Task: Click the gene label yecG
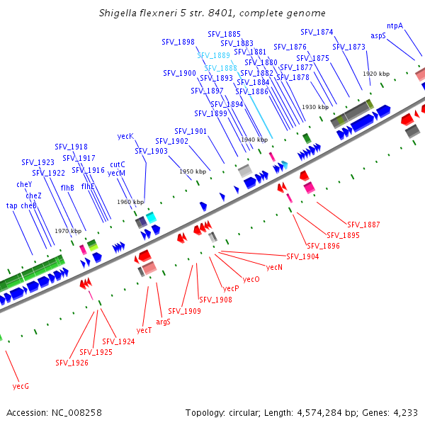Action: [x=21, y=386]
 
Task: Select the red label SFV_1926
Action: [x=72, y=363]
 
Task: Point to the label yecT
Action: [x=144, y=330]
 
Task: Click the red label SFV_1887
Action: [x=363, y=225]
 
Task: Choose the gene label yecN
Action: [x=274, y=267]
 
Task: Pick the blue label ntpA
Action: [x=395, y=25]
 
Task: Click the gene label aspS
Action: [x=378, y=35]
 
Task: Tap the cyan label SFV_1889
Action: [x=213, y=55]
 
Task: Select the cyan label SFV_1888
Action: [x=221, y=68]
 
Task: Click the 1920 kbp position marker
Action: [x=376, y=74]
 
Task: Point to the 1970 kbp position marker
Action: [x=68, y=231]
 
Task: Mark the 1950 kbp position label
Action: [x=193, y=171]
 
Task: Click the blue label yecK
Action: [x=125, y=136]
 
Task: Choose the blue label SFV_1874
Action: [x=317, y=32]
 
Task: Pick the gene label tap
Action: [x=12, y=205]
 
